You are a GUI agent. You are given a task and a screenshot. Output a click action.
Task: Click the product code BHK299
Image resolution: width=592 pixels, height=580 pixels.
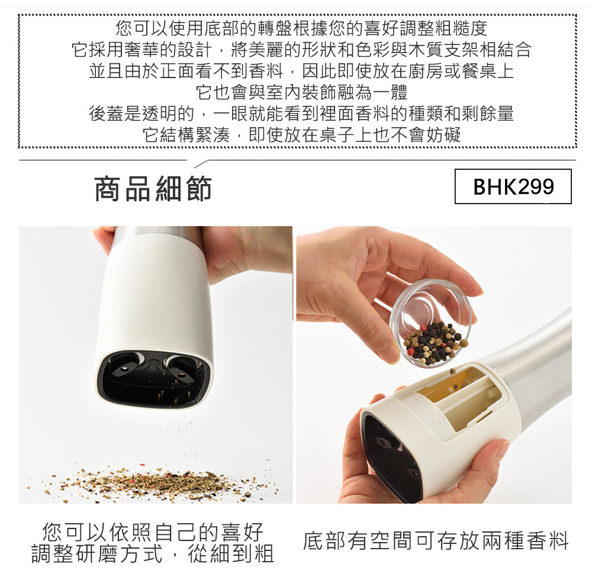(513, 186)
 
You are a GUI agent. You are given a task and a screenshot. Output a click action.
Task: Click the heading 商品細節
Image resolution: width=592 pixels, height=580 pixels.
(153, 189)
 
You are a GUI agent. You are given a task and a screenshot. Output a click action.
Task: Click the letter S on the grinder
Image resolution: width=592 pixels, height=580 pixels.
(437, 419)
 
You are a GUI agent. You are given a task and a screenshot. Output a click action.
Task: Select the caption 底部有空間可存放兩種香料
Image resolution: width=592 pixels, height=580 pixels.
(436, 540)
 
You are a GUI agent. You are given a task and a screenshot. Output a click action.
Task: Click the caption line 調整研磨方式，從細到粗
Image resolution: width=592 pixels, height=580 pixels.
(152, 553)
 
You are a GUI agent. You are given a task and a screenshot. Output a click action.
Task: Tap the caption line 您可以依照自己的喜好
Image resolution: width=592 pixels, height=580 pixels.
(152, 532)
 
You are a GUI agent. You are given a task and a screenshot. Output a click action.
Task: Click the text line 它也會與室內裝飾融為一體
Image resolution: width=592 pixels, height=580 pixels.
(301, 92)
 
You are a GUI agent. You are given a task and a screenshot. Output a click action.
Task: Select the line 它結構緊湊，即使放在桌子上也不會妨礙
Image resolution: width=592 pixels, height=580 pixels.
(301, 135)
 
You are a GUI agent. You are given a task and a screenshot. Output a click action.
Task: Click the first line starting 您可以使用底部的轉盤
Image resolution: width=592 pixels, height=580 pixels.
(301, 28)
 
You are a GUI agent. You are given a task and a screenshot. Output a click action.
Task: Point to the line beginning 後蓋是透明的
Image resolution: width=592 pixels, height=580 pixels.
(301, 113)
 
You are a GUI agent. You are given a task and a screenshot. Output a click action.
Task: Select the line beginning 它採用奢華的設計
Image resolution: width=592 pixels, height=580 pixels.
(301, 50)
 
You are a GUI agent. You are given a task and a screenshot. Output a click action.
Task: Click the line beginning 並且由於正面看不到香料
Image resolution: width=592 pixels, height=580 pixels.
(301, 70)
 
